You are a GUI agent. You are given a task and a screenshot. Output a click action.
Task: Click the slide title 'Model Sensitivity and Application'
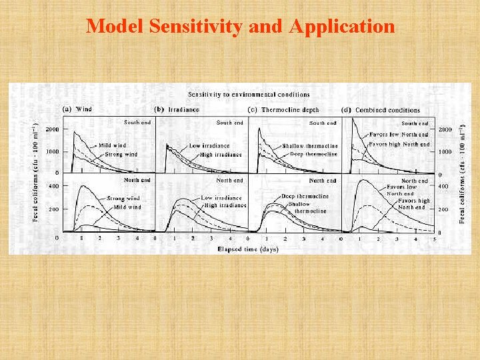pos(240,26)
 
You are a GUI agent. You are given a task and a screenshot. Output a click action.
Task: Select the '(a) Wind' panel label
pos(77,109)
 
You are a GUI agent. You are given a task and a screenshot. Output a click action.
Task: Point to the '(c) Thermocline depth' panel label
pos(283,109)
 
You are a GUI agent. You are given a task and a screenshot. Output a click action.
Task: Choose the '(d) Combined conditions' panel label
pos(380,110)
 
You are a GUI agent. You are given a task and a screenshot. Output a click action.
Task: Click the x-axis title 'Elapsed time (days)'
pos(247,249)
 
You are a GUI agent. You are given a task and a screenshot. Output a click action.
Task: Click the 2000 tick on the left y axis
pos(51,129)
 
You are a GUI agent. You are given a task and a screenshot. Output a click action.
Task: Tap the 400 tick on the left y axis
pos(53,187)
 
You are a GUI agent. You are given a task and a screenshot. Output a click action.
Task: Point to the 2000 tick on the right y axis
pos(445,129)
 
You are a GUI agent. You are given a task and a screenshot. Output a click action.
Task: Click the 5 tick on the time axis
pos(433,238)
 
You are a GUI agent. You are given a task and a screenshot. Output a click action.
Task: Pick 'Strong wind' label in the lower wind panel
pos(124,199)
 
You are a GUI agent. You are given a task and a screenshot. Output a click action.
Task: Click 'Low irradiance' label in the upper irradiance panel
pos(209,145)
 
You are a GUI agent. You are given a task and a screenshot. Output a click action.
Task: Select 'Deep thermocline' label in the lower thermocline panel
pos(305,196)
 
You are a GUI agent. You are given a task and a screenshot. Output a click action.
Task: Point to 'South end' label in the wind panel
pos(137,122)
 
